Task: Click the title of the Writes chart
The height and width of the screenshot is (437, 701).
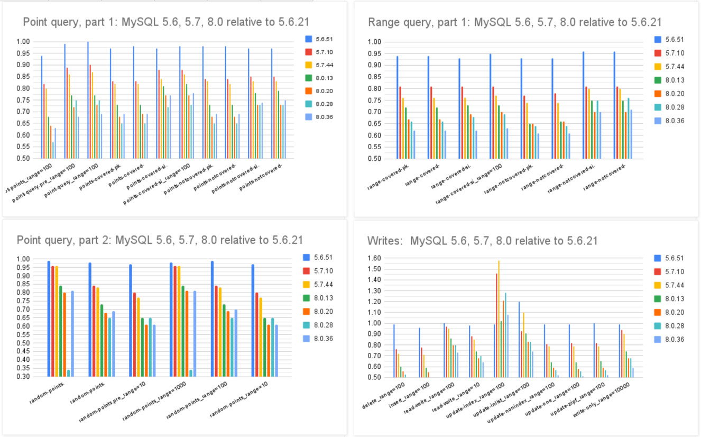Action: (x=482, y=241)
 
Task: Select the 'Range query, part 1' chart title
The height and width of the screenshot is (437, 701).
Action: (x=514, y=22)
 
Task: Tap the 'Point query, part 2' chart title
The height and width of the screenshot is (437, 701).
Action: (x=160, y=240)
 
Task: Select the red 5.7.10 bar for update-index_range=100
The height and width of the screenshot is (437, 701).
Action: (x=496, y=325)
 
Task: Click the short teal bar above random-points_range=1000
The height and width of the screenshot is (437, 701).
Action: (x=190, y=373)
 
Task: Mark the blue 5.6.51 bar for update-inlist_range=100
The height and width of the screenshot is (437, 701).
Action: (x=519, y=339)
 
